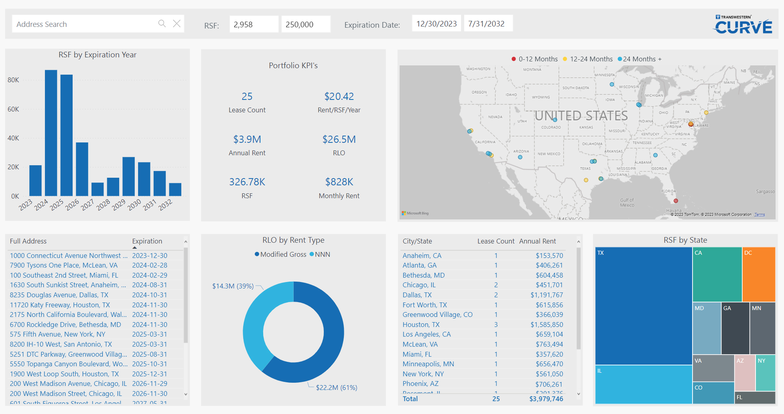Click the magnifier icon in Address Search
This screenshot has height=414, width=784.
[x=162, y=24]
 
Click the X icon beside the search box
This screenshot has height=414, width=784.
[x=177, y=24]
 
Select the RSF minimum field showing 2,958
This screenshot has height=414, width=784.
[x=254, y=24]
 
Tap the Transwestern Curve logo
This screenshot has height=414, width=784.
[x=743, y=25]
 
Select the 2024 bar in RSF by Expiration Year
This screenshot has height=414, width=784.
[x=51, y=132]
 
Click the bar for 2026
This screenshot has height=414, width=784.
[x=82, y=168]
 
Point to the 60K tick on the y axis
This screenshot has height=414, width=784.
[x=13, y=109]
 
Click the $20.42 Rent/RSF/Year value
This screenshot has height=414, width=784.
[x=339, y=97]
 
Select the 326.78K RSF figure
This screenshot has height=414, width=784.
[x=247, y=182]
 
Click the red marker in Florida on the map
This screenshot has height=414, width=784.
[x=676, y=201]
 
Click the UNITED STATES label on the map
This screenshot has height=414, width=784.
[x=581, y=116]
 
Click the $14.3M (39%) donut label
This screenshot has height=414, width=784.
[x=233, y=286]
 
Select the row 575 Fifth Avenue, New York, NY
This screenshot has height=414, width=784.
[x=58, y=334]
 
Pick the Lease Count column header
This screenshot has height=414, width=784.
[x=496, y=241]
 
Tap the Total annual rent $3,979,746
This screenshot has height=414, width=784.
[x=546, y=399]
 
